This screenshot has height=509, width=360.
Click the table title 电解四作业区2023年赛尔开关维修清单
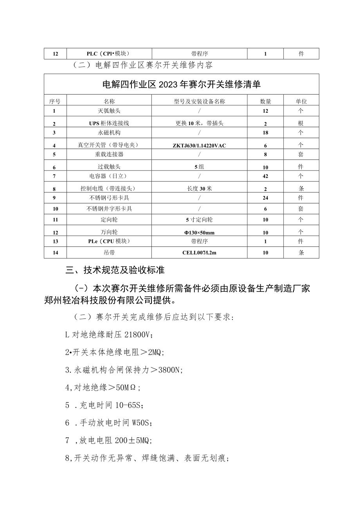pos(181,84)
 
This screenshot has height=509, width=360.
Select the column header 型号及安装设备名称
pos(199,101)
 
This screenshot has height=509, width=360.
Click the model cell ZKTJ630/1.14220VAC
pos(199,146)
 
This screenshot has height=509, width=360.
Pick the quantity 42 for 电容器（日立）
pos(265,176)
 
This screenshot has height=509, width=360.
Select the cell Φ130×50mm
pos(199,232)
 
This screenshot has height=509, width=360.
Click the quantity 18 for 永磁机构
pos(265,133)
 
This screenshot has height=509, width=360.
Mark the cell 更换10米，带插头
pos(199,123)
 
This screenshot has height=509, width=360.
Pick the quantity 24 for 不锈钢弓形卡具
pos(265,198)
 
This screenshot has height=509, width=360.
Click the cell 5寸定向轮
pos(199,220)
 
